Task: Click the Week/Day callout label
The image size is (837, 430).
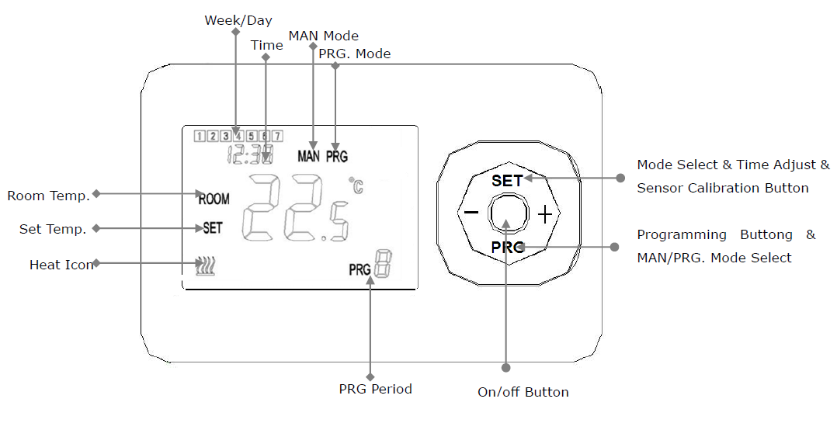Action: tap(238, 20)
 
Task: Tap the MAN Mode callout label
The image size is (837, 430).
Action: tap(324, 36)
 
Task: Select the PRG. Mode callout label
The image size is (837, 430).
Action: tap(354, 54)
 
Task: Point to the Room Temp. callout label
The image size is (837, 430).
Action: tap(49, 196)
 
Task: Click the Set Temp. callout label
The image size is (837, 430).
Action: tap(53, 230)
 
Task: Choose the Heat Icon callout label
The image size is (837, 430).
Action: tap(61, 265)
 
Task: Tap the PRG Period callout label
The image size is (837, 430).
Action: tap(375, 389)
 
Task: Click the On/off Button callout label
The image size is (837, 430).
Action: tap(523, 392)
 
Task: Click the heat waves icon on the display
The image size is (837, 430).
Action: tap(205, 266)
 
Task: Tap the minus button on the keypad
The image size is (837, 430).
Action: tap(471, 213)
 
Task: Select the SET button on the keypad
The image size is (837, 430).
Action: tap(507, 180)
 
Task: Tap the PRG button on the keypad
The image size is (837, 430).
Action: tap(507, 248)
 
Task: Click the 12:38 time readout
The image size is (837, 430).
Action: tap(250, 154)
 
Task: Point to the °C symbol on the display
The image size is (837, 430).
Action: tap(356, 186)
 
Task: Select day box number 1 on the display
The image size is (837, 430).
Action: tap(200, 136)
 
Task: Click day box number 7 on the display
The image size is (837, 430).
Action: tap(277, 136)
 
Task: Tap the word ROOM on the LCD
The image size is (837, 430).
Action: tap(214, 199)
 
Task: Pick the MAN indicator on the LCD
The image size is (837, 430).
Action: tap(308, 156)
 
